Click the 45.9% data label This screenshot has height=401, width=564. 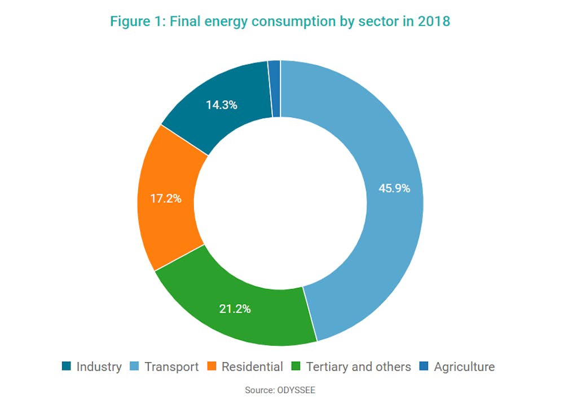pos(394,188)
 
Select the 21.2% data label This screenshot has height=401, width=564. pos(235,309)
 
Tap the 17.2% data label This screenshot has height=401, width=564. pos(165,198)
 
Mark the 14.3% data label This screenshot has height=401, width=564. pos(221,105)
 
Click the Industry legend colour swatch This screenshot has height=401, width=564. pos(67,367)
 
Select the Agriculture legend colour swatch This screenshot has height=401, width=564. pos(424,367)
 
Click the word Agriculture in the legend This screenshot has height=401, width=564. pos(464,367)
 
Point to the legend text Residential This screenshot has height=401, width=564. pos(252,367)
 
